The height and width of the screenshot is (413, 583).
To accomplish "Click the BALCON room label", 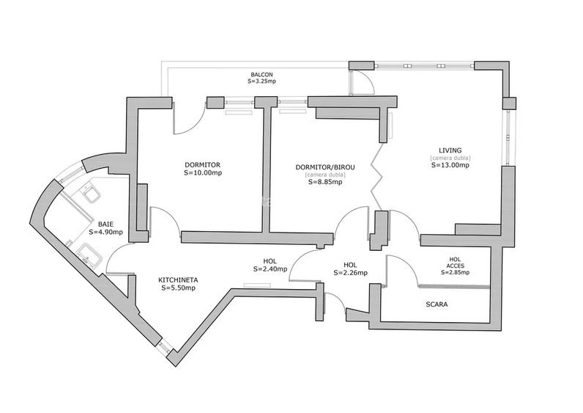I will pyautogui.click(x=261, y=75).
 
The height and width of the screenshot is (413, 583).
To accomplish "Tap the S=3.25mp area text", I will pyautogui.click(x=261, y=82).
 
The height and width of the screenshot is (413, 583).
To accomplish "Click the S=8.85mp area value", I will pyautogui.click(x=325, y=182).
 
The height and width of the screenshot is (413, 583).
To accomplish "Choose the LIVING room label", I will pyautogui.click(x=450, y=150).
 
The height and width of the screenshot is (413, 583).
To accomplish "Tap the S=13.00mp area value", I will pyautogui.click(x=450, y=165).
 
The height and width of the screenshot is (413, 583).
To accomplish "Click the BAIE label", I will pyautogui.click(x=105, y=224).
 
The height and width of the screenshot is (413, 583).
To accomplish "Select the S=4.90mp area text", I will pyautogui.click(x=105, y=232).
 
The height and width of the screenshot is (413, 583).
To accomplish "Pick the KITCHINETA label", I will pyautogui.click(x=178, y=279).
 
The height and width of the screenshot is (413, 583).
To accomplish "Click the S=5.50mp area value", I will pyautogui.click(x=178, y=288).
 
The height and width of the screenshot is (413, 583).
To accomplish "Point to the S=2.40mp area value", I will pyautogui.click(x=270, y=269).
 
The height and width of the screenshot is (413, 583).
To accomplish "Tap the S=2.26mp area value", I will pyautogui.click(x=350, y=273).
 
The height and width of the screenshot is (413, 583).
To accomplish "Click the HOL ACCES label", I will pyautogui.click(x=455, y=262).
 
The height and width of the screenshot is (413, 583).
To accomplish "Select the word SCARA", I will pyautogui.click(x=436, y=303).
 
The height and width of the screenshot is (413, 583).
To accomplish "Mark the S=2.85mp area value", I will pyautogui.click(x=455, y=273).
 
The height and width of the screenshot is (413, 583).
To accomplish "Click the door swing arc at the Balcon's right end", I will pyautogui.click(x=364, y=83).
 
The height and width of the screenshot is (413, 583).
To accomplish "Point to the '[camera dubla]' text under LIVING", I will pyautogui.click(x=450, y=158).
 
